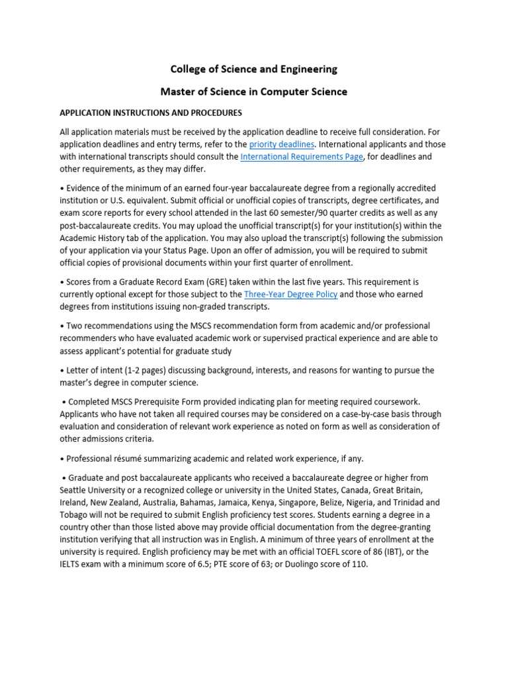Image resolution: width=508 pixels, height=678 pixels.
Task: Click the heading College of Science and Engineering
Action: click(254, 69)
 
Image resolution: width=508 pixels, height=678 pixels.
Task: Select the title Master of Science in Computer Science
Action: click(254, 91)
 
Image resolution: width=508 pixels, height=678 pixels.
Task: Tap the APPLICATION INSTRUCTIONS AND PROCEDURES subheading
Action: click(151, 113)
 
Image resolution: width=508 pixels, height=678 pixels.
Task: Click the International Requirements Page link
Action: click(302, 157)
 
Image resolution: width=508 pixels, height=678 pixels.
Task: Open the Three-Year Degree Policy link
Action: click(291, 294)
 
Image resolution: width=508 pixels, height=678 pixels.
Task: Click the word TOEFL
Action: click(347, 552)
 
